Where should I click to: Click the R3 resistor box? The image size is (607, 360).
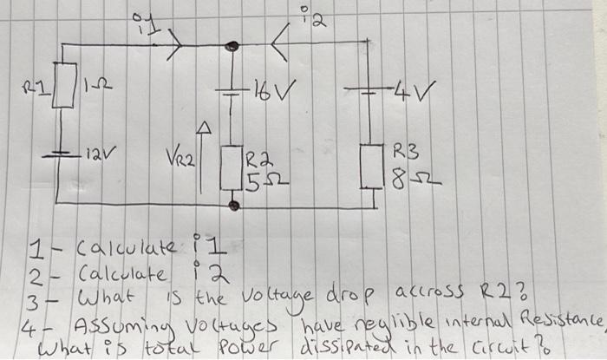(x=375, y=163)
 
